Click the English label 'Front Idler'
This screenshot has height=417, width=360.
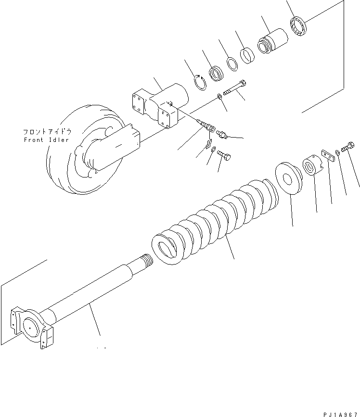pos(46,140)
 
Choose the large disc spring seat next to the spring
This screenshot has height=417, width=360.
pos(289,177)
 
